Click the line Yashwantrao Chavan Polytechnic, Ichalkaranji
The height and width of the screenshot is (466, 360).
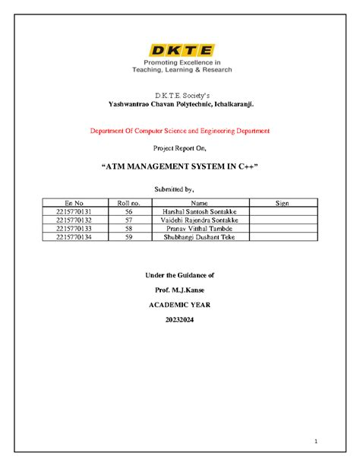click(x=179, y=103)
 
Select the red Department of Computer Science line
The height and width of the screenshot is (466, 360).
click(x=180, y=131)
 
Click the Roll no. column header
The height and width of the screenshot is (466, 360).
click(x=129, y=203)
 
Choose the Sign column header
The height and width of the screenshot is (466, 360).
click(x=282, y=203)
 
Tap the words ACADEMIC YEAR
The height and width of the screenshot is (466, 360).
click(x=180, y=304)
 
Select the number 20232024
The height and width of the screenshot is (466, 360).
click(x=180, y=320)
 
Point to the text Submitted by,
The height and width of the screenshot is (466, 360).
click(x=180, y=188)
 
